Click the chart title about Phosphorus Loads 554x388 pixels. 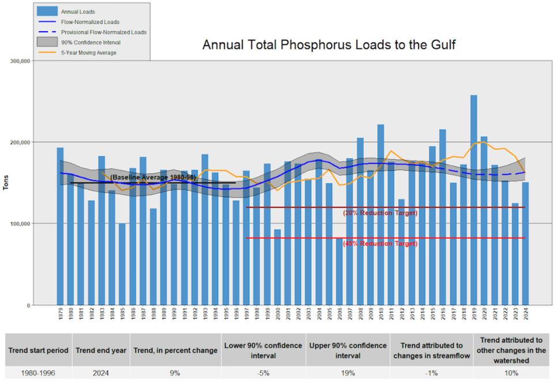tap(329, 45)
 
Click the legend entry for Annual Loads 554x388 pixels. tap(78, 12)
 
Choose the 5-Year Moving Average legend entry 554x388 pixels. tap(88, 53)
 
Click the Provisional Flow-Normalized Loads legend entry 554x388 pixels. tap(103, 32)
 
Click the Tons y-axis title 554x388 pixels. tap(6, 183)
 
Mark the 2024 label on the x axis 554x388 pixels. tap(526, 315)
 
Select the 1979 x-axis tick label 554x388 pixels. tap(61, 315)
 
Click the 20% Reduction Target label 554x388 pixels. tap(380, 213)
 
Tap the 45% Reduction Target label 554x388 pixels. tap(380, 244)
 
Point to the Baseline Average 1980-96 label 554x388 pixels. tap(153, 177)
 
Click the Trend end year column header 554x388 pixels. tap(102, 351)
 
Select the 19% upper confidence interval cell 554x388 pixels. tap(348, 373)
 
